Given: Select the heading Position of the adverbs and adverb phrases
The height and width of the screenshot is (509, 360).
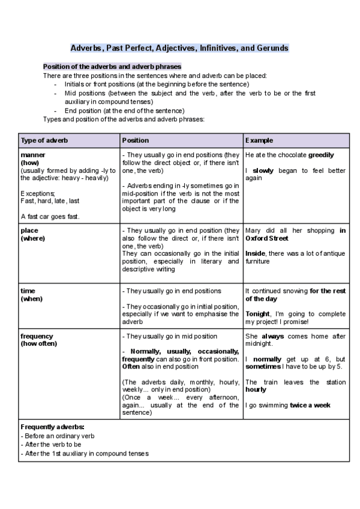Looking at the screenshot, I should point(112,67).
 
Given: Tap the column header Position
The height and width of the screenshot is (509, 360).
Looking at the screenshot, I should point(136,140).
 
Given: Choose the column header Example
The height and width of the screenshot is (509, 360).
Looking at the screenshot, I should point(259,140).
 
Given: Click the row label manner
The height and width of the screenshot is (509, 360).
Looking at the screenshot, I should point(29,155).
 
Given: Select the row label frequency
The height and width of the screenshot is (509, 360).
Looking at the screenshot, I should point(37,336).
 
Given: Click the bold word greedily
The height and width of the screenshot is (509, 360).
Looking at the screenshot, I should point(321,155).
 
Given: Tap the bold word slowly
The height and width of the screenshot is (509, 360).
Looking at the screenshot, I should point(263,170).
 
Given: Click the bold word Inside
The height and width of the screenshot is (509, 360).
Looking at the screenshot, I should point(256,253).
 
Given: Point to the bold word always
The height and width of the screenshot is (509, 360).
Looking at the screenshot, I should point(272,336).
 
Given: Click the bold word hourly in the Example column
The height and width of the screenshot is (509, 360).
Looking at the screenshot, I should point(256,390).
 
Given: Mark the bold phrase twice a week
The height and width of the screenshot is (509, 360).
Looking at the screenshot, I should point(310,405).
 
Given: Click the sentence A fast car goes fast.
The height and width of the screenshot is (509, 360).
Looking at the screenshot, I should point(50,216).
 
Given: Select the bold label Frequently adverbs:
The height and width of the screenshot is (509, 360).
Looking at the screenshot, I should point(52,426).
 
